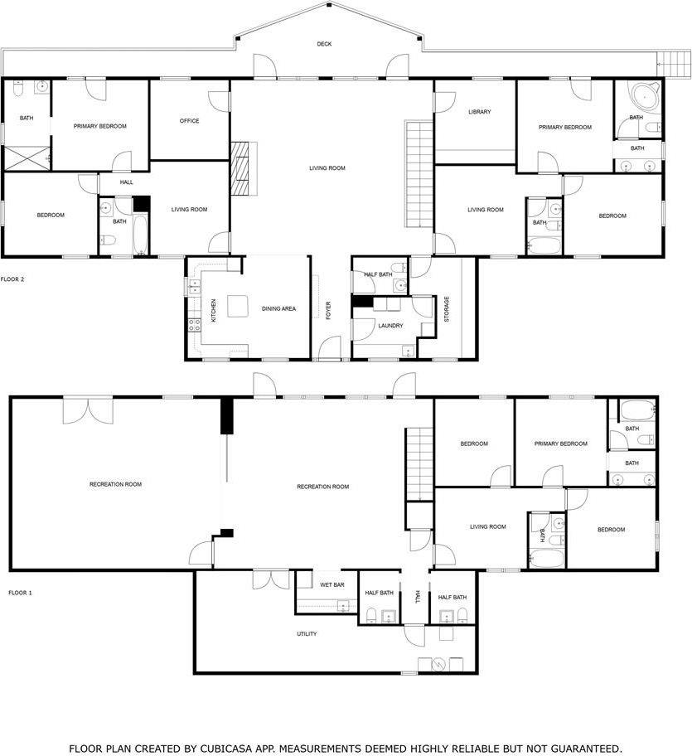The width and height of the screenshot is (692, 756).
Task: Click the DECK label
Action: (324, 44)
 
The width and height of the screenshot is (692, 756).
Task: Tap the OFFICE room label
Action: (190, 120)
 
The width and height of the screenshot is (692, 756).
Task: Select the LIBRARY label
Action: (480, 111)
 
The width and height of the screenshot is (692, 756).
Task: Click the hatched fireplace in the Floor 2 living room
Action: (240, 168)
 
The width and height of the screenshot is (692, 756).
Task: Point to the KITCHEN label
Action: (214, 311)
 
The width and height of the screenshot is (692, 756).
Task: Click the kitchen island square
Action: (238, 306)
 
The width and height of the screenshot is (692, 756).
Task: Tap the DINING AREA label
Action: (278, 308)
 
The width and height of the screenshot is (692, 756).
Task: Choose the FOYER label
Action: (328, 311)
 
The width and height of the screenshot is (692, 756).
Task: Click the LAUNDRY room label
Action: (390, 326)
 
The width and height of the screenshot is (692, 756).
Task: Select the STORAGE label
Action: (446, 309)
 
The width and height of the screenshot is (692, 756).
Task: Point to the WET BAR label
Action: (332, 585)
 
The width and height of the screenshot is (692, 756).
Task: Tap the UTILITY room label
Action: (307, 633)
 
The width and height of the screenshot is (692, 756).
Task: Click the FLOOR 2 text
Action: (12, 279)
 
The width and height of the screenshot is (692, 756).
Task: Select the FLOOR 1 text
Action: (20, 593)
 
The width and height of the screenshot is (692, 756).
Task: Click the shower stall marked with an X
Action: (27, 158)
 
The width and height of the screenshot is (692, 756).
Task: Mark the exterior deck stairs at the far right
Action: (674, 64)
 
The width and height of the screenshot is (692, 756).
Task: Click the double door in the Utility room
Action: (271, 579)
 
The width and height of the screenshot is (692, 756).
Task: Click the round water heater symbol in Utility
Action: (439, 664)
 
